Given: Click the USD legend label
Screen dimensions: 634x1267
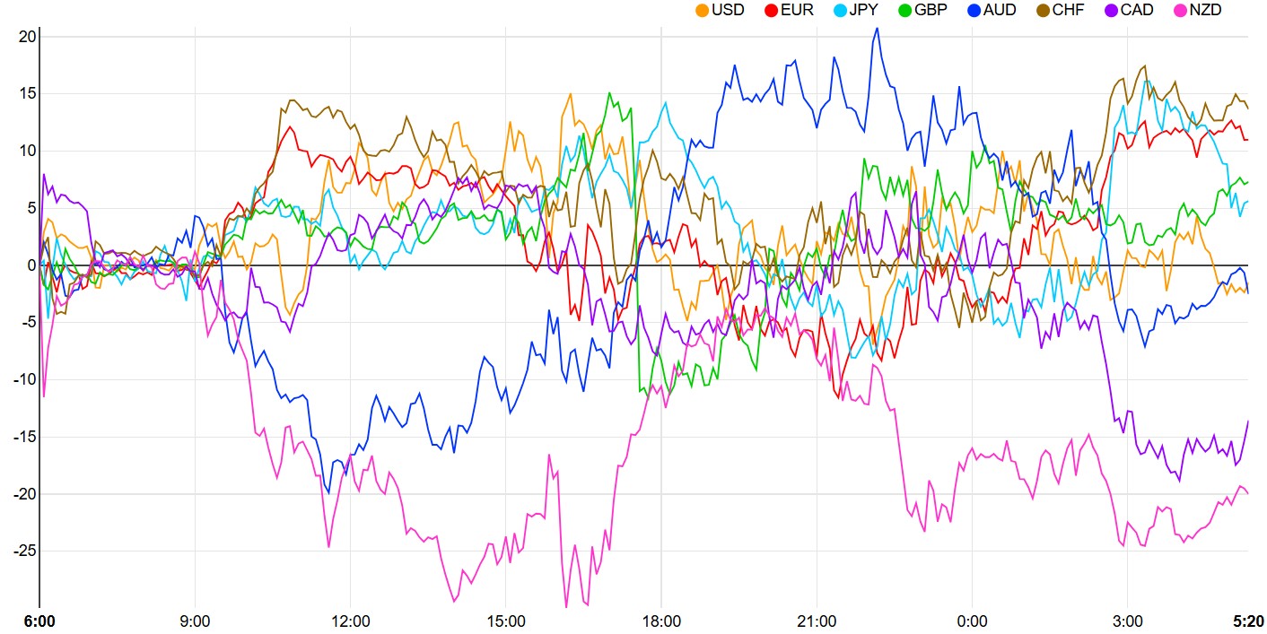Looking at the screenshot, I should [728, 11].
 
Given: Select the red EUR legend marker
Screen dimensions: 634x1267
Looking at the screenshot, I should [770, 11].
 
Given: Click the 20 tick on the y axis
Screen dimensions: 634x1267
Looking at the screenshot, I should [26, 37].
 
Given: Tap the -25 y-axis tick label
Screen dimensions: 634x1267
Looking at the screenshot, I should [22, 551].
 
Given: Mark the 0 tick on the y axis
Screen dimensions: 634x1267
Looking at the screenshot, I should [30, 265].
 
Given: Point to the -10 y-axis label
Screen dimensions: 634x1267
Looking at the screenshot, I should [22, 379].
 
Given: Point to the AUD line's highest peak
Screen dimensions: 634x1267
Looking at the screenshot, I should [877, 28].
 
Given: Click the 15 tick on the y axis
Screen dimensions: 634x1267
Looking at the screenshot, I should [26, 94].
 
